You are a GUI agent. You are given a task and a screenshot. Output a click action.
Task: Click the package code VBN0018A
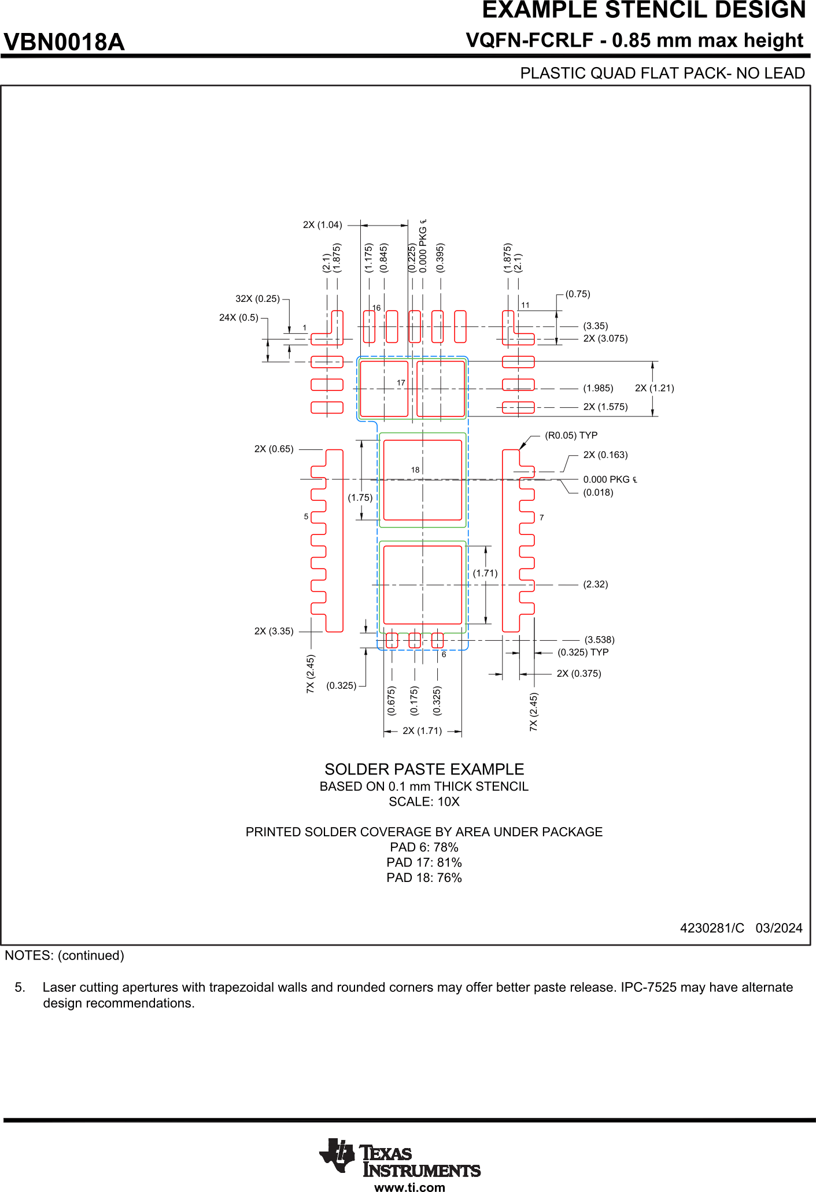(x=64, y=42)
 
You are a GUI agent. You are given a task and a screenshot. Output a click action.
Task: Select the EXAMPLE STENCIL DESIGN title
(x=643, y=10)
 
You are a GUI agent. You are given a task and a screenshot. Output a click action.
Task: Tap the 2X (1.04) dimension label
(x=322, y=225)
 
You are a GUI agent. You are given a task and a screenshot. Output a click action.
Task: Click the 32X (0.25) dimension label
(x=257, y=299)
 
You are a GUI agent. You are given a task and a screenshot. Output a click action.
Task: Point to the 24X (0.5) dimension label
(x=238, y=318)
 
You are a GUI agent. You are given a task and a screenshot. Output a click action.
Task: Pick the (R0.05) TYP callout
(x=571, y=436)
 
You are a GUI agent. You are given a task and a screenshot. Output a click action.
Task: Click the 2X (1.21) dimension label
(x=654, y=388)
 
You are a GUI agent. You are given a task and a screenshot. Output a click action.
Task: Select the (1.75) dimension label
(x=360, y=497)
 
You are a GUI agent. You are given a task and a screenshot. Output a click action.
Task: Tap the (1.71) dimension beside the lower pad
(x=485, y=573)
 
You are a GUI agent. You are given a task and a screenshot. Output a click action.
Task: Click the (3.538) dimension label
(x=599, y=640)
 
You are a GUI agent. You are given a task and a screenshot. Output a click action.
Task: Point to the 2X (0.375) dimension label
(x=578, y=674)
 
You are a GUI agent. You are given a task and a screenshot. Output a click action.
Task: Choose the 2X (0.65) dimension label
(x=274, y=449)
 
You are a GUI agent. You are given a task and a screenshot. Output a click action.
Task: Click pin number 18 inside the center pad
(x=415, y=470)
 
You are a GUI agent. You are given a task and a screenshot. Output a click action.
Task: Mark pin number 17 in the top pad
(x=401, y=383)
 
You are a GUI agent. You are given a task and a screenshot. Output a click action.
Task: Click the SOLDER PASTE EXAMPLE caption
(x=424, y=769)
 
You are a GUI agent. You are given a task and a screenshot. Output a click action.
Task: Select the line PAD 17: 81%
(x=424, y=862)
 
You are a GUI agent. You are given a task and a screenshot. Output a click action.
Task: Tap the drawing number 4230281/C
(x=712, y=928)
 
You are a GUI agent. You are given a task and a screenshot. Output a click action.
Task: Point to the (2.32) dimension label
(x=595, y=584)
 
